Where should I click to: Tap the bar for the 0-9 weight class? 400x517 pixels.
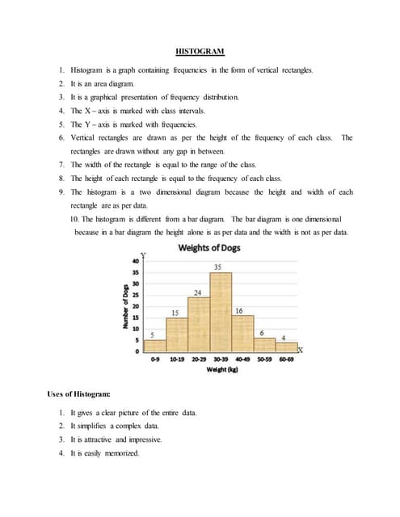coord(155,346)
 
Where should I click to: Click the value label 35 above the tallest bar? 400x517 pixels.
coord(217,267)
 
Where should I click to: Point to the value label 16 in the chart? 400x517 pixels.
coord(239,311)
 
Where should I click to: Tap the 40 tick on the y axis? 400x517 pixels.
coord(136,261)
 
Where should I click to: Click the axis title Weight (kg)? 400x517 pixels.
coord(221,369)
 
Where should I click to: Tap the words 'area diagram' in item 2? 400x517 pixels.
coord(107,83)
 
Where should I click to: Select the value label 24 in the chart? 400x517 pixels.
coord(196,291)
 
